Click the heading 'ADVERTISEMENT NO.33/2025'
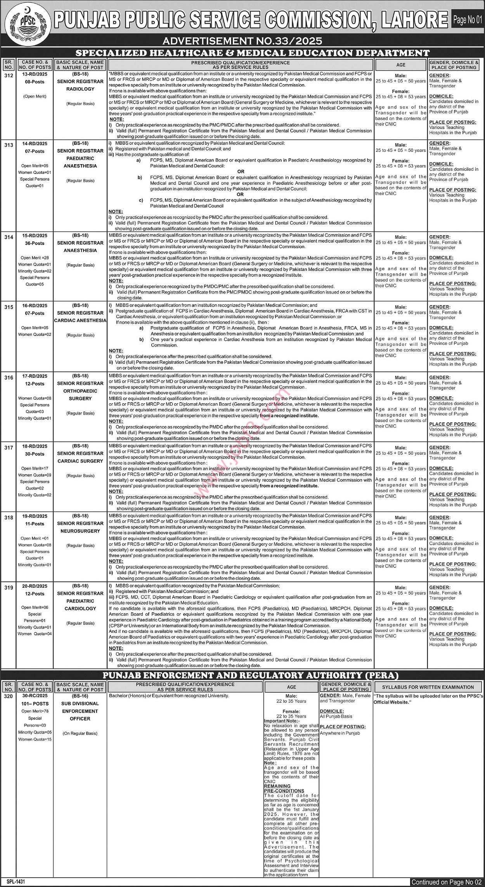(x=242, y=41)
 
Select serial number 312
(x=9, y=75)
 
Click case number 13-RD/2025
(x=35, y=74)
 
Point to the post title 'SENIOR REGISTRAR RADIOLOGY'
(x=80, y=85)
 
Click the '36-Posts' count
(x=35, y=243)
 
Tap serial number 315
(x=9, y=307)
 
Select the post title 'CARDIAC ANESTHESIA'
(x=80, y=320)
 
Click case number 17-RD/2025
(x=35, y=376)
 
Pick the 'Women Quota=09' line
(x=35, y=475)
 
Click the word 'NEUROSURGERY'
(x=80, y=531)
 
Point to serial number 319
(x=9, y=588)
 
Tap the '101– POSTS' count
(x=35, y=703)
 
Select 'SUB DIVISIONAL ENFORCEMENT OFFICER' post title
(x=80, y=711)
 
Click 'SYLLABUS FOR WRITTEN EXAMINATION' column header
(x=428, y=687)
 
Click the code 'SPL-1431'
(x=16, y=882)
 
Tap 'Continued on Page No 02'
(x=446, y=882)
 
